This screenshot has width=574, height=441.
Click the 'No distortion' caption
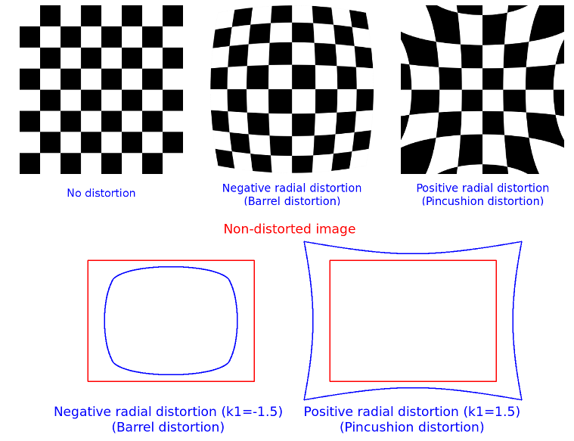pyautogui.click(x=101, y=193)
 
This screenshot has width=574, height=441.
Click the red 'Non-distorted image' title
pyautogui.click(x=289, y=228)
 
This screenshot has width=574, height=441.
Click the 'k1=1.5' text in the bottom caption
pyautogui.click(x=490, y=411)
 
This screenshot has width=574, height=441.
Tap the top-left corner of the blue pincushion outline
pyautogui.click(x=304, y=242)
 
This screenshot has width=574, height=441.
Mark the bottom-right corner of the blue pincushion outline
pyautogui.click(x=521, y=399)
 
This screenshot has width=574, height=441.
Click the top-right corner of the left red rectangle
pyautogui.click(x=254, y=261)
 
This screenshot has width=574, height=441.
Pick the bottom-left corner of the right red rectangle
pyautogui.click(x=330, y=381)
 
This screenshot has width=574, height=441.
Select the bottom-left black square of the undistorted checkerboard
pyautogui.click(x=29, y=163)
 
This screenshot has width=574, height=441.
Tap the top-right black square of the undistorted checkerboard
pyautogui.click(x=172, y=15)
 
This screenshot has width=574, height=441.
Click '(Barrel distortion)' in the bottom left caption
pyautogui.click(x=168, y=427)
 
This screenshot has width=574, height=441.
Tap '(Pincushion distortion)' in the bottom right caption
pyautogui.click(x=412, y=427)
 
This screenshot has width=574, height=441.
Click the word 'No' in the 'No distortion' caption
pyautogui.click(x=73, y=193)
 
